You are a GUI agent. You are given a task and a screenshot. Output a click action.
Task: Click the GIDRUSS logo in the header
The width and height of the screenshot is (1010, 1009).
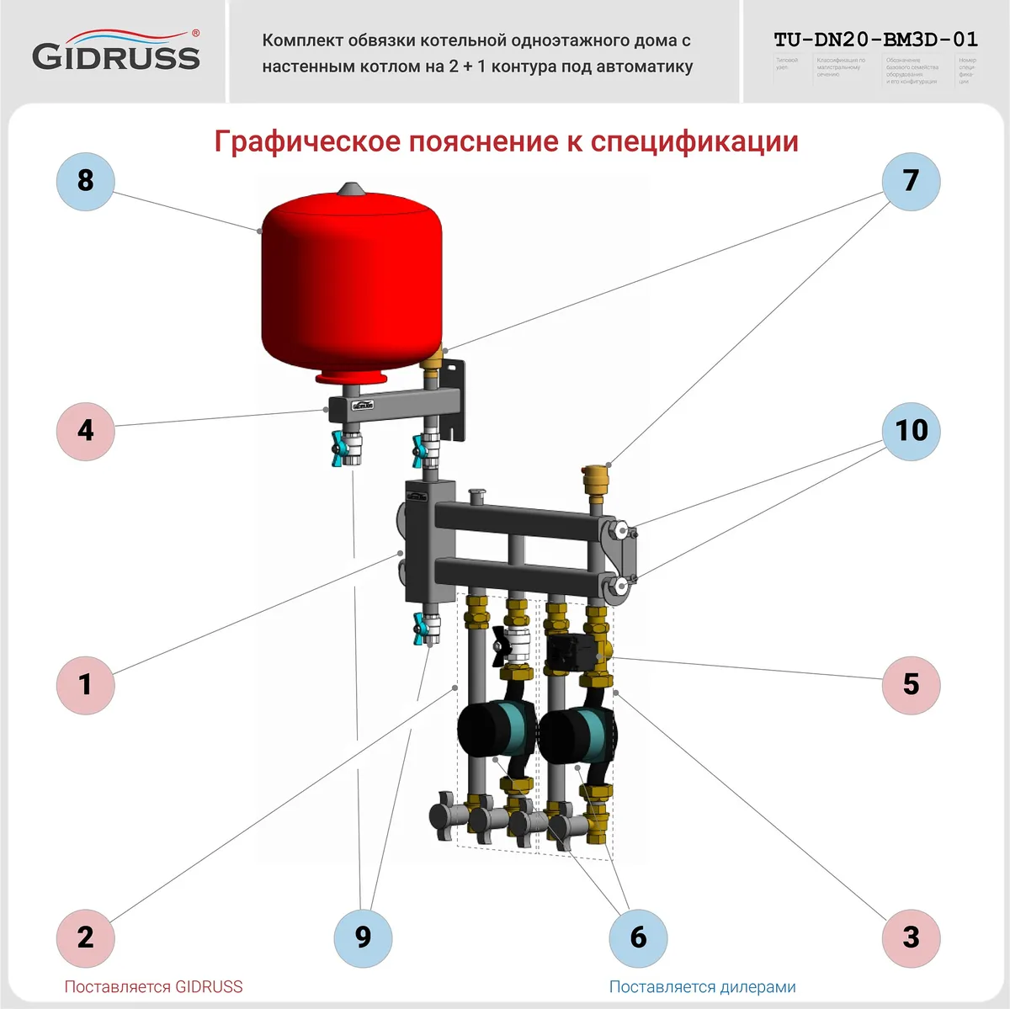(x=116, y=51)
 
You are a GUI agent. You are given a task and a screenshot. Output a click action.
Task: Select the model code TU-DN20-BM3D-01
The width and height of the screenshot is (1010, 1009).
(x=875, y=40)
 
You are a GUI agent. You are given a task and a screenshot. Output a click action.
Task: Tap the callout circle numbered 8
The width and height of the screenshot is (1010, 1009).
(x=85, y=181)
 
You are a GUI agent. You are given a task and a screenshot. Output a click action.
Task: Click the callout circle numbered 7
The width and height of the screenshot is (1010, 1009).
(x=911, y=181)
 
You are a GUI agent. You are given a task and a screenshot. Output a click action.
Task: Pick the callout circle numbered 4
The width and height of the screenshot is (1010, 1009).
(x=85, y=431)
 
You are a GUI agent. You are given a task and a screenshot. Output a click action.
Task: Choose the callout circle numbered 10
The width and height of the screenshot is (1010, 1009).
(x=911, y=431)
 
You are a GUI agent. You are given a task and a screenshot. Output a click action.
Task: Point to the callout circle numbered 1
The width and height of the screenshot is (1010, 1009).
(x=85, y=684)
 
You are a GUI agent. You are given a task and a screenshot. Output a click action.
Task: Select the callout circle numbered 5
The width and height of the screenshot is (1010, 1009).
(x=911, y=684)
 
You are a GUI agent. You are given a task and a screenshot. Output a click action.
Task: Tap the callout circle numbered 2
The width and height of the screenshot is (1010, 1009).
(x=85, y=937)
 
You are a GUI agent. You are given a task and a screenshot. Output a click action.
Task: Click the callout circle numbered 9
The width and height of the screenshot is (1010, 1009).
(x=363, y=937)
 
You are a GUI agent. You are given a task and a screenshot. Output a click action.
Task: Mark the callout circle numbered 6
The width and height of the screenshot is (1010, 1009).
(x=638, y=937)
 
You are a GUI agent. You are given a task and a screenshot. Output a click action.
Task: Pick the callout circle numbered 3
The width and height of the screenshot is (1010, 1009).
(x=911, y=937)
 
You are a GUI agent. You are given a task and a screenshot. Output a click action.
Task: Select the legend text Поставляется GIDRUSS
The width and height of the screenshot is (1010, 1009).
(x=153, y=987)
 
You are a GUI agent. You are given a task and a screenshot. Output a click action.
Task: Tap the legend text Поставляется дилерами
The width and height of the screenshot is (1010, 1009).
(x=702, y=987)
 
